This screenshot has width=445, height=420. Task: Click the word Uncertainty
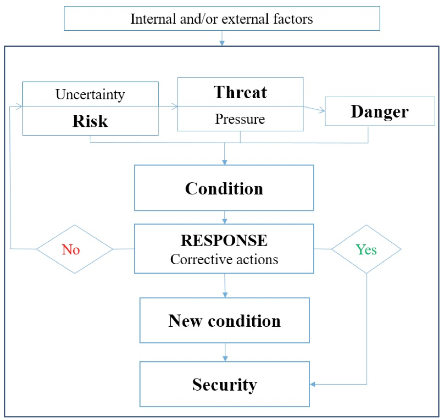pos(90,95)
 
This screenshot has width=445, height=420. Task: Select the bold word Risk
pos(90,121)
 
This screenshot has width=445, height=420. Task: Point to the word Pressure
pos(240,119)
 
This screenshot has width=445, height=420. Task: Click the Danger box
pos(380,111)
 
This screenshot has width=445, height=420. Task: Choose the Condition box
pos(224,188)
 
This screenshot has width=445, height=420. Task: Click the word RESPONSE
pos(224,241)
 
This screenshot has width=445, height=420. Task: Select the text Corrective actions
pos(224,259)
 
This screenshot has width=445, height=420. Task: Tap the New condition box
pos(224,320)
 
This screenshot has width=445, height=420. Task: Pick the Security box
pos(224,384)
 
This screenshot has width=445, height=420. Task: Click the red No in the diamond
pos(71,250)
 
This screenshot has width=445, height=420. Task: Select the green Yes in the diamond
pos(366,250)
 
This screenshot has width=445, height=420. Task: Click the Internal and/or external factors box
pos(222,19)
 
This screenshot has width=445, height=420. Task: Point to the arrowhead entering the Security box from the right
pos(312,384)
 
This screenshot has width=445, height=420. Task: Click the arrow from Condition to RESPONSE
pos(224,217)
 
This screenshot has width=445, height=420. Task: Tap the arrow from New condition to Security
pos(225,352)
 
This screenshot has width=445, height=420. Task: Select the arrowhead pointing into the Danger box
pos(322,110)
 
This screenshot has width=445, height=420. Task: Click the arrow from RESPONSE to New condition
pos(225,286)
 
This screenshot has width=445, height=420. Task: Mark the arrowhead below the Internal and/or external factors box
pos(222,43)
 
